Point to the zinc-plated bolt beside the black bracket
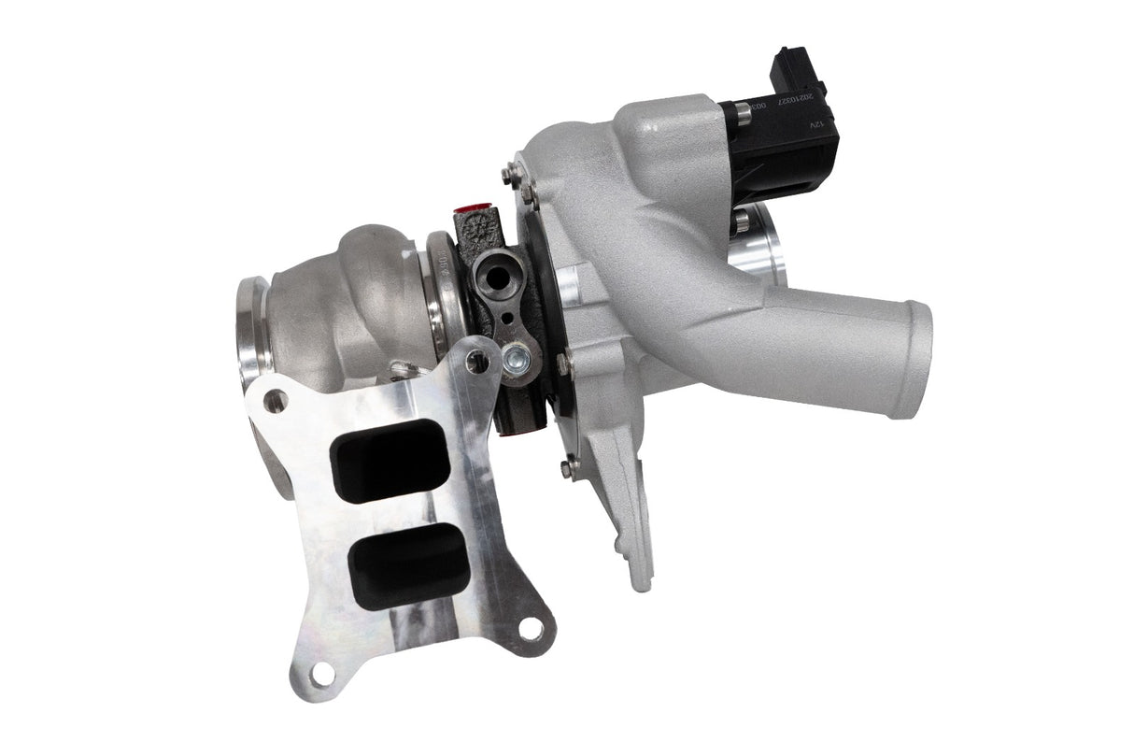click(515, 356)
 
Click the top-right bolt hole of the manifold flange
click(481, 356)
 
